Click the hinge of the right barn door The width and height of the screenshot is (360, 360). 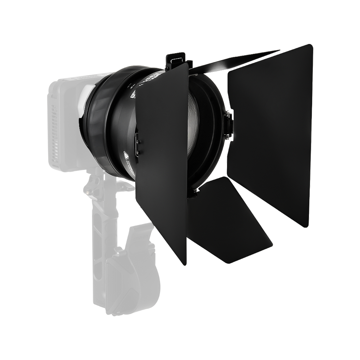(x=228, y=124)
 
